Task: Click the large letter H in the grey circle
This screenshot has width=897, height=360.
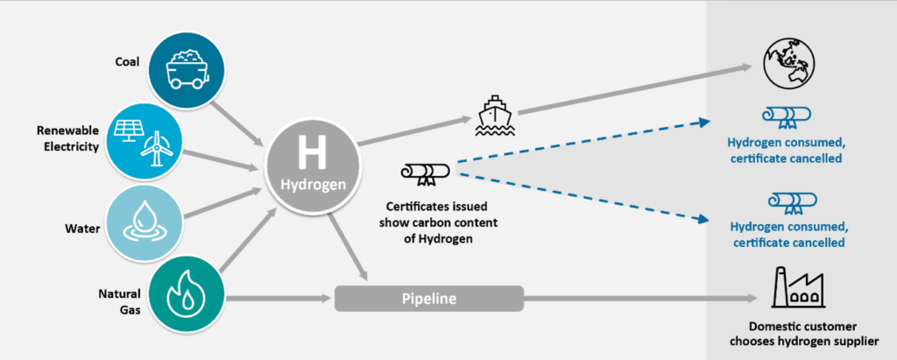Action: click(x=312, y=153)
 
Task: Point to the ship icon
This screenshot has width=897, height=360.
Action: click(x=496, y=116)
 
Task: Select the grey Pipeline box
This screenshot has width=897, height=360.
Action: click(x=429, y=299)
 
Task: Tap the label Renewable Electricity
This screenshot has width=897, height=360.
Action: click(x=67, y=138)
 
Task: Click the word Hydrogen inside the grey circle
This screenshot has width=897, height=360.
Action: click(x=312, y=185)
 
